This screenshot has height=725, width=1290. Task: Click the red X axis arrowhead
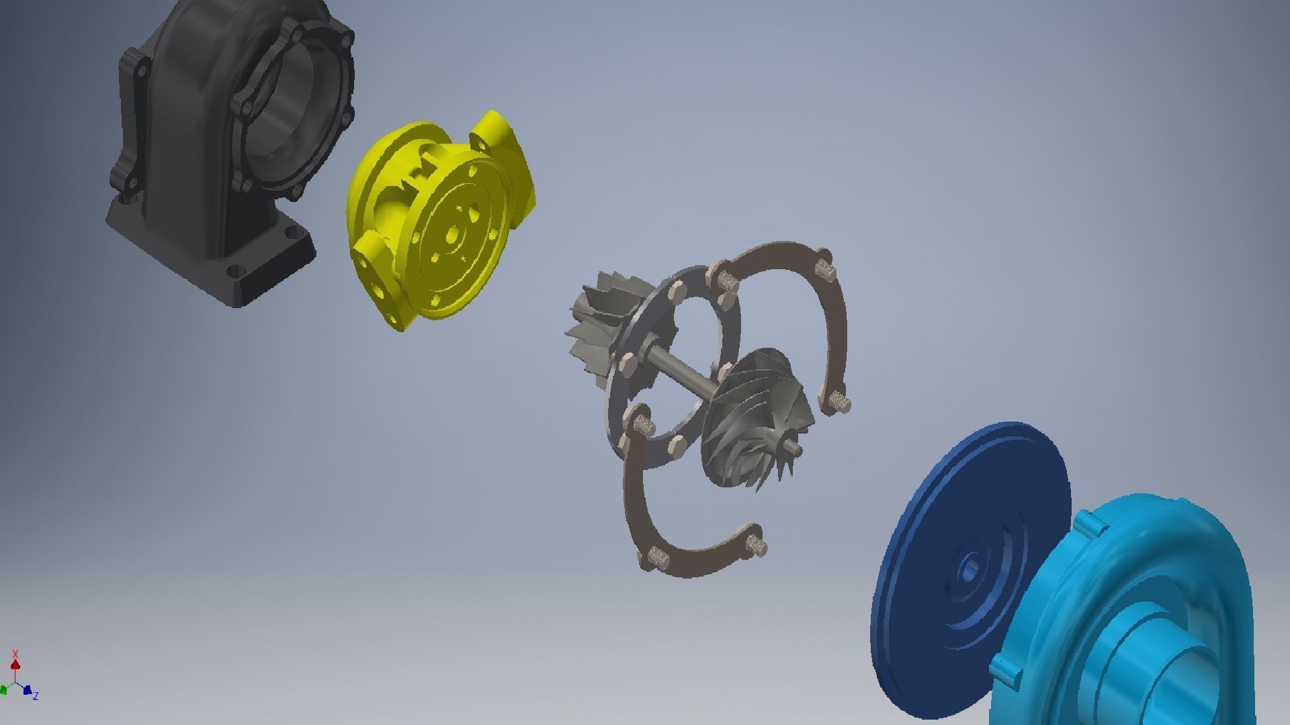(x=15, y=665)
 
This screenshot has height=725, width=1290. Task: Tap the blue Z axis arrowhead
(x=27, y=689)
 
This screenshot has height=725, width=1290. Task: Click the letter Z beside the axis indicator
(x=36, y=695)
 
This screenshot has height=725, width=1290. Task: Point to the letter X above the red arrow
(x=15, y=652)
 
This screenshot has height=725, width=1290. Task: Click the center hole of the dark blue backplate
(x=968, y=571)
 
